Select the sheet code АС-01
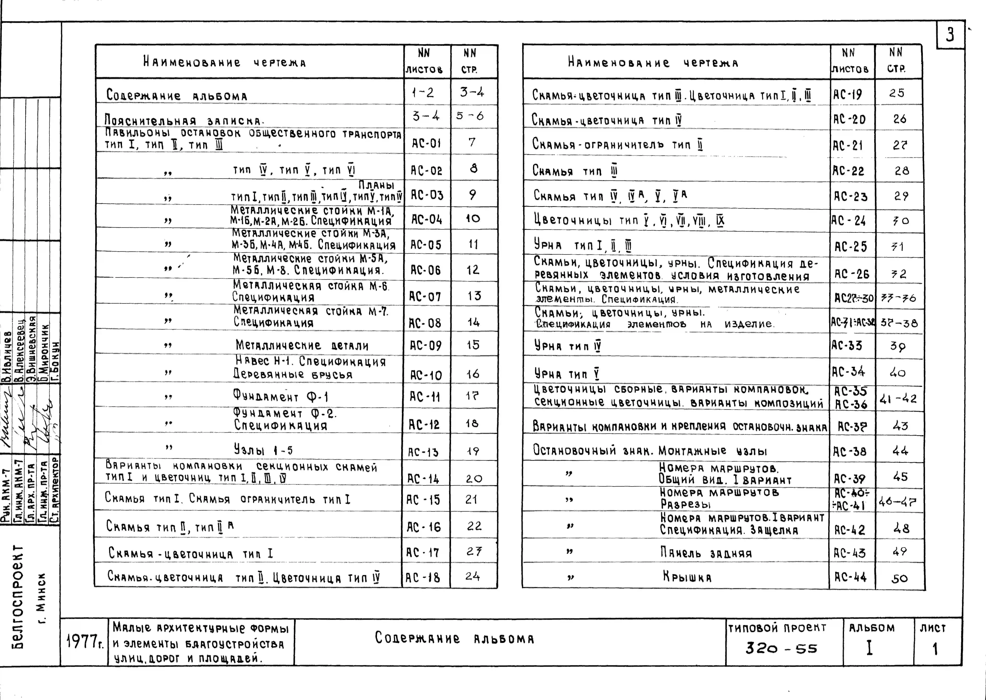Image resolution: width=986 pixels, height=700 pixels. point(426,143)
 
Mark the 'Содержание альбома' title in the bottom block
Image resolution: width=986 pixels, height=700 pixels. point(454,638)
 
